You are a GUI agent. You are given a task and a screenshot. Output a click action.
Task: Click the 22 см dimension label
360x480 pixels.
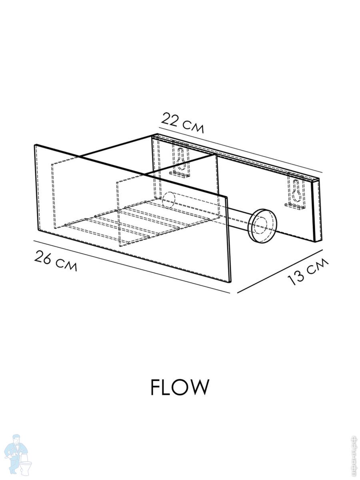click(x=183, y=123)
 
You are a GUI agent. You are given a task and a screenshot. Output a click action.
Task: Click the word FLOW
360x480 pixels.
click(x=180, y=387)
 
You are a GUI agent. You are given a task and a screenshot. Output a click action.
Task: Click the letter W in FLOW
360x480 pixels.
click(x=199, y=387)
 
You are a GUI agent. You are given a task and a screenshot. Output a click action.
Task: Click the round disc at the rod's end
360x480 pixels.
click(x=262, y=225)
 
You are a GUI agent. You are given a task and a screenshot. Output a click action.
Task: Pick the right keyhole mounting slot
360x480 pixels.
click(x=296, y=191)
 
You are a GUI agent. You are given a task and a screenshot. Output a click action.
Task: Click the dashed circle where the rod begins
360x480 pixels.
click(x=169, y=200)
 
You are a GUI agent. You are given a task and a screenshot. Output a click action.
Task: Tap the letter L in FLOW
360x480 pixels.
click(x=167, y=387)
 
